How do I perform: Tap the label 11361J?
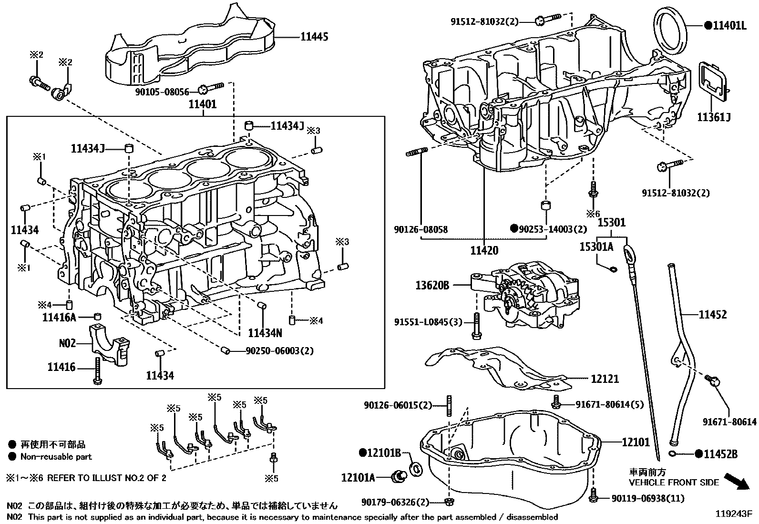tap(714, 117)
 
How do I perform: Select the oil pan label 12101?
tap(636, 442)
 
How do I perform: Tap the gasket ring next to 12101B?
tap(416, 468)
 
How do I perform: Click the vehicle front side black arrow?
tap(736, 481)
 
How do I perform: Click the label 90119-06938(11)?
tap(648, 499)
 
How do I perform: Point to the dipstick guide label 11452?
tap(713, 314)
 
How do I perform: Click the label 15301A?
tap(596, 246)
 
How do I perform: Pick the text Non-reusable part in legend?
tap(56, 456)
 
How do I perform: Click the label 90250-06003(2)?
tap(280, 351)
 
